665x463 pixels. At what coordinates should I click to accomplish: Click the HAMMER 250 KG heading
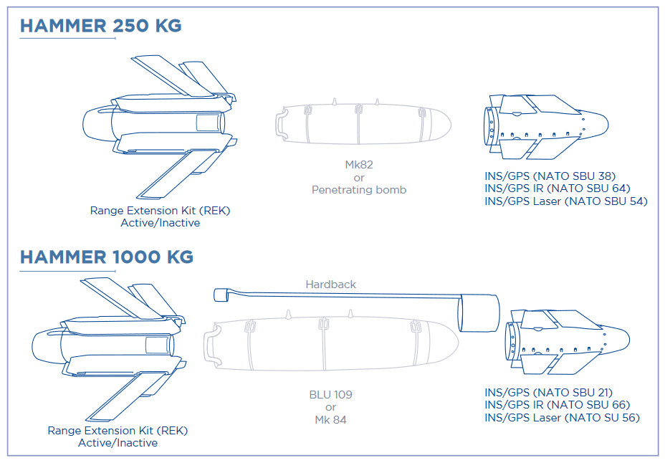point(101,25)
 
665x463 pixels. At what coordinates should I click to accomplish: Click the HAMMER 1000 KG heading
point(107,257)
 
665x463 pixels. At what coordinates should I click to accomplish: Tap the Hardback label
point(331,285)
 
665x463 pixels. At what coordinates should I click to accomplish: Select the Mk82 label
point(359,165)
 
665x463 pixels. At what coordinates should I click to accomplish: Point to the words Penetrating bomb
point(359,190)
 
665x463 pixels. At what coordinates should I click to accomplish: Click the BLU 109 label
point(331,395)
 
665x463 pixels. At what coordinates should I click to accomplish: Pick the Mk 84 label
point(331,420)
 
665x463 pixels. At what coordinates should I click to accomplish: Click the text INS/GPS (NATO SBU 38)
point(550,176)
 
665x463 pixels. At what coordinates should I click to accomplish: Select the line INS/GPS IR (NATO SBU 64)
point(558,188)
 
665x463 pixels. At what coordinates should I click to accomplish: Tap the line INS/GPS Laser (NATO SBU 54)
point(566,201)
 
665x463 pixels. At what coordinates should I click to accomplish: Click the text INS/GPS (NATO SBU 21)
point(549,393)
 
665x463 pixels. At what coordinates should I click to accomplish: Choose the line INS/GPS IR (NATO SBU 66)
point(558,405)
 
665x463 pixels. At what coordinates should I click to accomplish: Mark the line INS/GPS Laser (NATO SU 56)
point(563,418)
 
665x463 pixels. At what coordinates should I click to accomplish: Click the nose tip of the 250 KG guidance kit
point(608,125)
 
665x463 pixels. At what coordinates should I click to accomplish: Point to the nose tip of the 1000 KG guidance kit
point(629,339)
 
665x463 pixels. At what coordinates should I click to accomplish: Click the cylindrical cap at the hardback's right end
point(479,313)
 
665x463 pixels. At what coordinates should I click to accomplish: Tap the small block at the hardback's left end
point(221,295)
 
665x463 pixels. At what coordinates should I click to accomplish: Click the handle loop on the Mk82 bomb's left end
point(281,123)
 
